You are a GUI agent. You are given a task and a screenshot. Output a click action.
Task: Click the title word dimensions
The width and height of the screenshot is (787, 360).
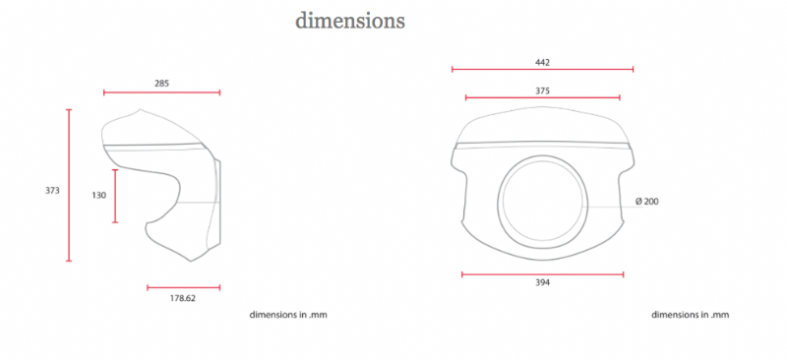[350, 21]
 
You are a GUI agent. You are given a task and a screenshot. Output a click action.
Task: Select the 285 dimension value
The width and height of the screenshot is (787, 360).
[161, 84]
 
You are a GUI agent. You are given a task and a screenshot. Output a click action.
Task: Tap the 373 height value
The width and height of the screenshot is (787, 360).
[52, 190]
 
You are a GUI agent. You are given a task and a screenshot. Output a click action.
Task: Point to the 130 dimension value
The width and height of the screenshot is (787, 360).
[99, 196]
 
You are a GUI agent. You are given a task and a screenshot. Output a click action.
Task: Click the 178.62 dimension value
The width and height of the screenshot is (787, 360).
[183, 298]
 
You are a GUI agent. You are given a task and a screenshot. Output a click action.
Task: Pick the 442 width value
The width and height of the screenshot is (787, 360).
[543, 63]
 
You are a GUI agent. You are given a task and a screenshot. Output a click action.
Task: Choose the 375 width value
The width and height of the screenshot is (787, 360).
[543, 90]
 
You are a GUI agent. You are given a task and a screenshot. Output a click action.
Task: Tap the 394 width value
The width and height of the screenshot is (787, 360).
[543, 282]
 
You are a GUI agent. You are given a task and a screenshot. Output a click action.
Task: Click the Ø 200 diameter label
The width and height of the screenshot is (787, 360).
[647, 202]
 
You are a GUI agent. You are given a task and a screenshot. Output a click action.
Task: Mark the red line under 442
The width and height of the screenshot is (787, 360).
[543, 69]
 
